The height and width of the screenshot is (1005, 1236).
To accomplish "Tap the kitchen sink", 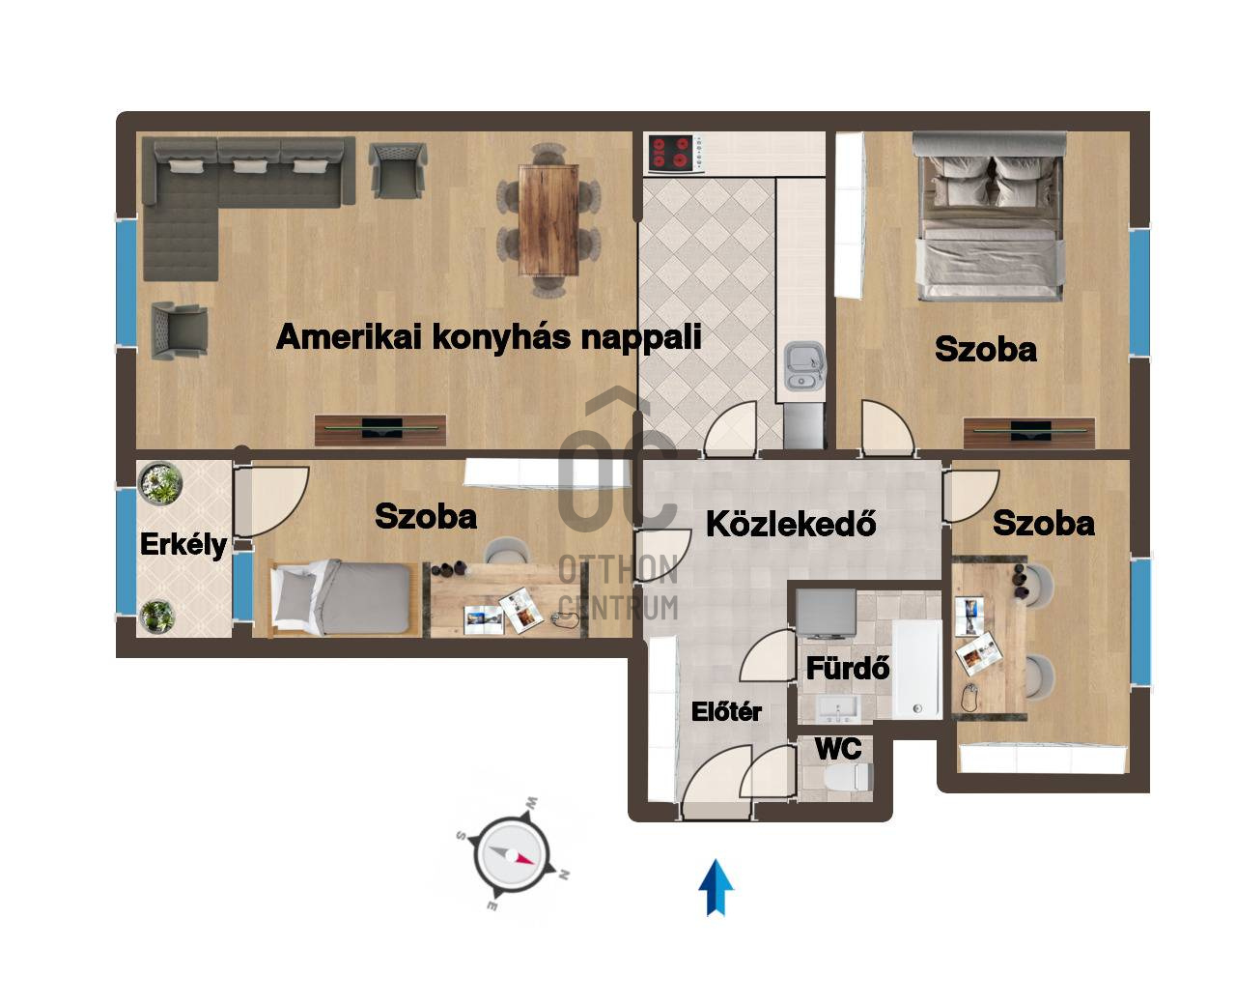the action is pos(803,366).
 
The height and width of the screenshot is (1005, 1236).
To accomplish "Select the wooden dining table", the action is pos(548,219).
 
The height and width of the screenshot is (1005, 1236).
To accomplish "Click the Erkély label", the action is pos(183,545).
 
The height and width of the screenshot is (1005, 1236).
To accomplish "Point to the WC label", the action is pos(838,749).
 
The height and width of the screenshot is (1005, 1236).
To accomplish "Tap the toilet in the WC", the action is pos(850,776).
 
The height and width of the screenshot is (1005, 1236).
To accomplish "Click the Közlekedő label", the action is pos(791,525).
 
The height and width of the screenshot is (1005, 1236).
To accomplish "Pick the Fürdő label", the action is pos(848,669).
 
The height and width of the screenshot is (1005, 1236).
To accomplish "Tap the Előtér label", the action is pos(726,712).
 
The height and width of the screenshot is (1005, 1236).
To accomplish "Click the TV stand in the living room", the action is pos(380,430).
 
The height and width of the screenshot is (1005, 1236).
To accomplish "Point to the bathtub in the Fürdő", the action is pos(916,670).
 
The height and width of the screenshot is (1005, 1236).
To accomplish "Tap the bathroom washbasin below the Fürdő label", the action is pos(837,708).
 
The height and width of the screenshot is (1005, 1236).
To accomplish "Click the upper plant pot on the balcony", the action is pos(160,483).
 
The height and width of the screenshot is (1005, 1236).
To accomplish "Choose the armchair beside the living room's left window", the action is pos(179,330).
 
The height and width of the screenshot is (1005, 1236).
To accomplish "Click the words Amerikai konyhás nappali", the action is pos(490,336).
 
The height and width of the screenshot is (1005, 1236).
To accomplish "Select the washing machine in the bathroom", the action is pos(826,613).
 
